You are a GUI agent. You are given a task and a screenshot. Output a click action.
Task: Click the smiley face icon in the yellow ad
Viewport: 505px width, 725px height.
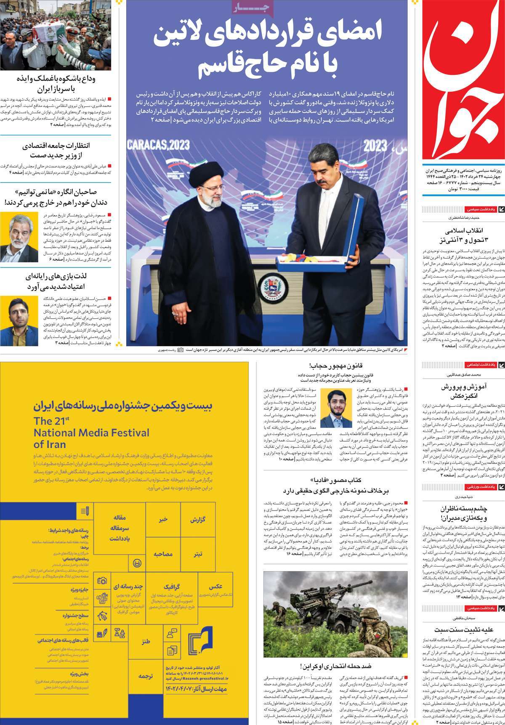tap(137, 563)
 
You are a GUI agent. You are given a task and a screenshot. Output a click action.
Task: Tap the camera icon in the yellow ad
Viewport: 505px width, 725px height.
tap(102, 581)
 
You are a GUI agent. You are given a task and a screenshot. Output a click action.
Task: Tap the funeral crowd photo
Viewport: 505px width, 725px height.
tap(56, 34)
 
